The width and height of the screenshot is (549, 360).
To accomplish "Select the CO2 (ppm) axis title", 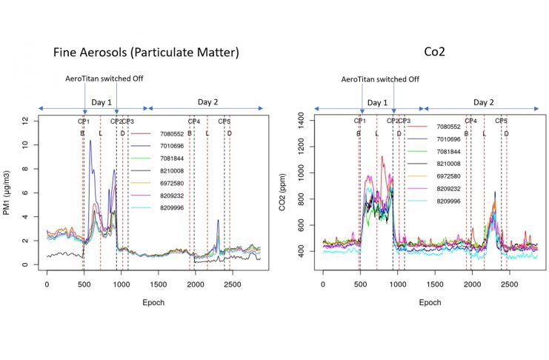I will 282,193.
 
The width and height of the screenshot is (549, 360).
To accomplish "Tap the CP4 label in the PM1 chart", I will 193,121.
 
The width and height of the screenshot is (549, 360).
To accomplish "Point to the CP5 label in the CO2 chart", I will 502,121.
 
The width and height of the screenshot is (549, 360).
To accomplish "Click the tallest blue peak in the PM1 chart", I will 90,141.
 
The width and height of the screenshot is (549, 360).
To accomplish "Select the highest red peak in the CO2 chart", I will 382,156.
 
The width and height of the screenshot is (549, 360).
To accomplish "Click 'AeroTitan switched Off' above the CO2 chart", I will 380,79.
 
